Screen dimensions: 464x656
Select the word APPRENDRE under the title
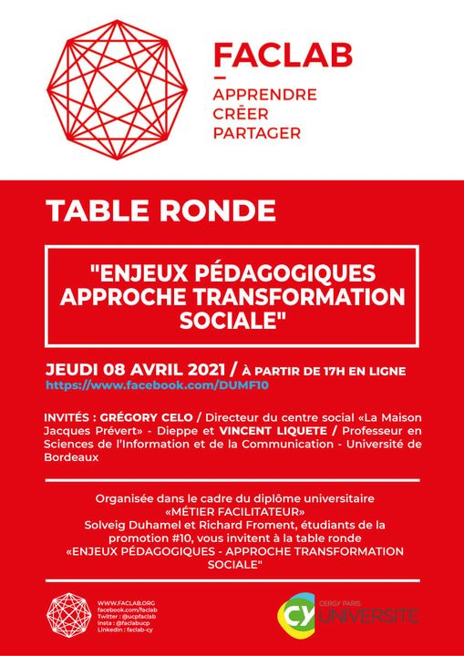click(x=264, y=95)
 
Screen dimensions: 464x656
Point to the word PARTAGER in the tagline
click(x=256, y=133)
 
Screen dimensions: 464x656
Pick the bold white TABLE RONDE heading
click(x=160, y=210)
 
